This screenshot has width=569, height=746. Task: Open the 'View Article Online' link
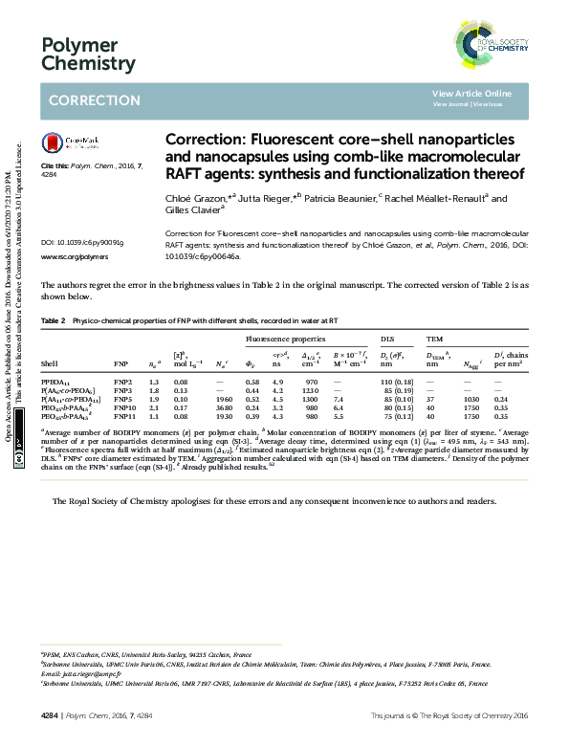click(471, 93)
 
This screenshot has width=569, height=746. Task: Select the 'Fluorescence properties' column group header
click(286, 339)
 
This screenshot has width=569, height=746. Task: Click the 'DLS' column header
click(388, 339)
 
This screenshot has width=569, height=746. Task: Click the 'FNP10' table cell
click(123, 407)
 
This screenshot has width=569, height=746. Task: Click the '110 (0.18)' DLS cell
click(397, 382)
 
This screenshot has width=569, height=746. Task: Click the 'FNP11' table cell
click(123, 416)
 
